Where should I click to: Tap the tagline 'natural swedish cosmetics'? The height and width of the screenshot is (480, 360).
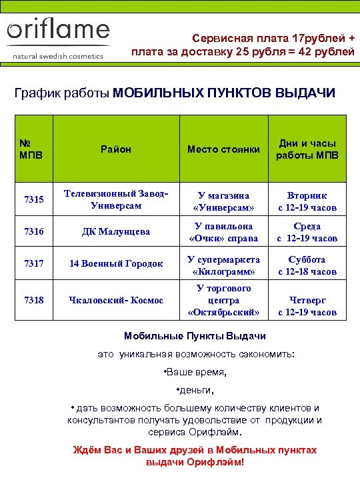[x=59, y=56]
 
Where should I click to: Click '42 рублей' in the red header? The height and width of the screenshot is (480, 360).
[x=325, y=52]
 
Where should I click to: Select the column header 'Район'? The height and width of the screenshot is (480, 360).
[x=116, y=149]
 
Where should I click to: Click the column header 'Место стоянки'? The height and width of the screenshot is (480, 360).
[x=223, y=149]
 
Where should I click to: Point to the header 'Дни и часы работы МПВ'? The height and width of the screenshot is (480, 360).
[x=307, y=149]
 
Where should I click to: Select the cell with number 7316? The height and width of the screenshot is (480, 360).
[x=33, y=232]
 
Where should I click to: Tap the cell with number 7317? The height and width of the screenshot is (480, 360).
[x=33, y=264]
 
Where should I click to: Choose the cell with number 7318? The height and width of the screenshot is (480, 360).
[x=33, y=300]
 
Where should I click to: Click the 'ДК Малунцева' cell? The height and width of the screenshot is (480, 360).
[x=116, y=232]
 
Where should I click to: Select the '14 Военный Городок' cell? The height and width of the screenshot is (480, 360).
[x=116, y=264]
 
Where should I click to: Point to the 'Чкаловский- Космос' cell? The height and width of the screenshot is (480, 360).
[x=116, y=300]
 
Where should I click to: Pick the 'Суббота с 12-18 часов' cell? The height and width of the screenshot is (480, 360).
[x=307, y=265]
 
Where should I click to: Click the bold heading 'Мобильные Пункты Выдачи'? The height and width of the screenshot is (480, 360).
[x=195, y=336]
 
